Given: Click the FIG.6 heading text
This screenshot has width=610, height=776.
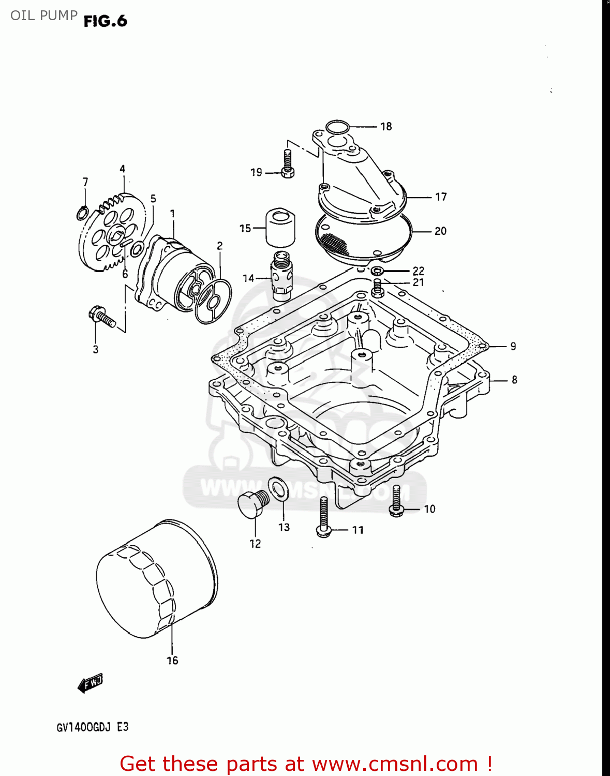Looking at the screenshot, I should (105, 21).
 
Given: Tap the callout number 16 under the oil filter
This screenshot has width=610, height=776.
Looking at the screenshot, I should (172, 661).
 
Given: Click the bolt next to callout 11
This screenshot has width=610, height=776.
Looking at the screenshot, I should (323, 517).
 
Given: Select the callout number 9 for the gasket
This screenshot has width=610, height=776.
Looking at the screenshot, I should (513, 347).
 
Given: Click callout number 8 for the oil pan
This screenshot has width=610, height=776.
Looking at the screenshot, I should (514, 380).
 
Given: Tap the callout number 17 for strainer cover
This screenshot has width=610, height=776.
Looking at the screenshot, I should (441, 197).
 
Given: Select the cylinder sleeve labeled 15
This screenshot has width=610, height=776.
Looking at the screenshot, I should (280, 227).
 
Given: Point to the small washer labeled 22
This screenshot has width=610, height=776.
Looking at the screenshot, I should (378, 271).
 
